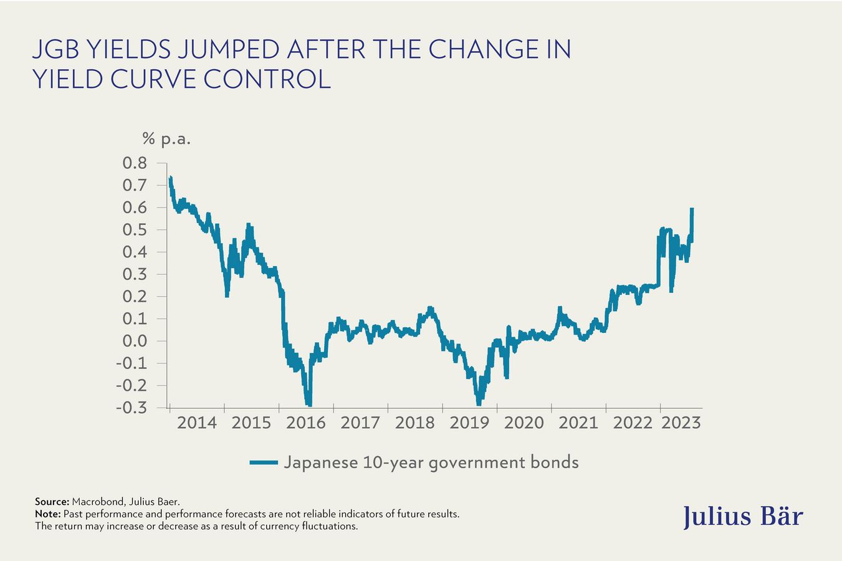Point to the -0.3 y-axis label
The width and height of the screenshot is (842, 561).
click(132, 408)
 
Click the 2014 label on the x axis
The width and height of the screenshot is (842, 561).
click(197, 423)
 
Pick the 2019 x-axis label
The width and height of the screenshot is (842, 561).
click(469, 423)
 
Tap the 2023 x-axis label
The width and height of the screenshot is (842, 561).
click(681, 423)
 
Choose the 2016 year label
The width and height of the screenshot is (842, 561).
click(306, 423)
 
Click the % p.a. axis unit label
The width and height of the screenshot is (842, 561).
click(166, 139)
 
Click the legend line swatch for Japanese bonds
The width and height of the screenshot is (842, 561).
click(263, 463)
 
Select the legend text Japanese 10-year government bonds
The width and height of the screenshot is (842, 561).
click(431, 463)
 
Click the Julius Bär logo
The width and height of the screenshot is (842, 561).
click(743, 517)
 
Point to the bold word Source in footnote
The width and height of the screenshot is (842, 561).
click(51, 501)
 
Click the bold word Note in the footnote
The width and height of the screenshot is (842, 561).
click(47, 514)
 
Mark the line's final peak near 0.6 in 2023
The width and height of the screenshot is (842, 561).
click(692, 211)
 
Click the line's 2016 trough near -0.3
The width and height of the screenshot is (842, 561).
click(309, 403)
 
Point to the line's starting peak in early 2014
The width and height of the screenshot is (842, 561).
click(170, 179)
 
